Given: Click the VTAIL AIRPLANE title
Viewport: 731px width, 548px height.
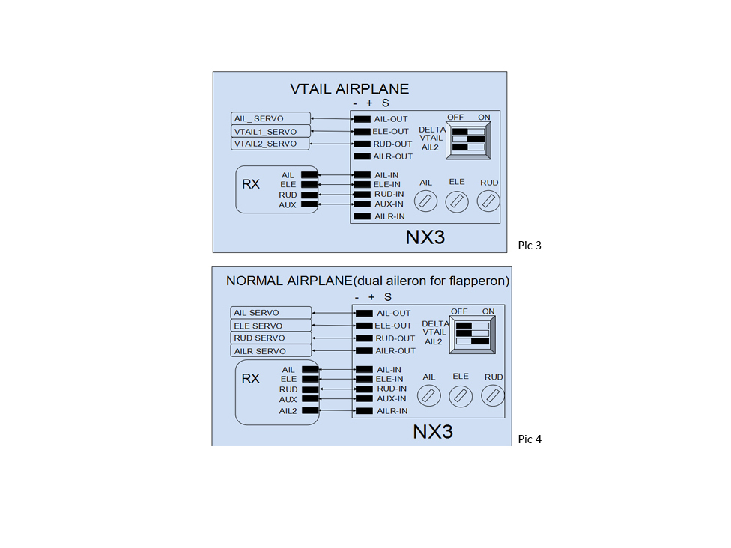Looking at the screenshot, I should tap(350, 89).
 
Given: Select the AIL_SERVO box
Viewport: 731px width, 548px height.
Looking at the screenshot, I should tap(270, 118).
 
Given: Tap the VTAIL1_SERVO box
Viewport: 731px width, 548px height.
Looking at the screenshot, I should tap(270, 131).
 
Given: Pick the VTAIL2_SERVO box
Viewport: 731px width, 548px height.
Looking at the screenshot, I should tap(270, 144).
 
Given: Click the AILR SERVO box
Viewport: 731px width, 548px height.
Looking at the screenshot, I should tap(271, 351).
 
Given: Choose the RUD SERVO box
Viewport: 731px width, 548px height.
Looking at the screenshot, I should tap(271, 338).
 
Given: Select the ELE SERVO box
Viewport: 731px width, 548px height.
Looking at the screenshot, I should tap(271, 326).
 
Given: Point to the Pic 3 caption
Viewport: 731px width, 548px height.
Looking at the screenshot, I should tap(530, 245).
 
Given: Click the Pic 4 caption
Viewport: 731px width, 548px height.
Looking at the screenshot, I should tap(530, 439).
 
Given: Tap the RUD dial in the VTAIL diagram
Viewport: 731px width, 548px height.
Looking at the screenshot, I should tap(489, 201).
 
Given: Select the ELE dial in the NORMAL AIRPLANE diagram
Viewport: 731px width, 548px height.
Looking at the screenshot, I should tap(461, 395).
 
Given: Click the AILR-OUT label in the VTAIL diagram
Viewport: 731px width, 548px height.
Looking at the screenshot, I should tap(393, 156).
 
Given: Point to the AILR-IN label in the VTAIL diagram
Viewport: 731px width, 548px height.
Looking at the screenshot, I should tap(389, 216).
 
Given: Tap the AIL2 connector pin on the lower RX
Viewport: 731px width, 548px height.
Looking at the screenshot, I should tap(309, 410).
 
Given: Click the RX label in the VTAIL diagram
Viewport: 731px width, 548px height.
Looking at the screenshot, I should tap(251, 184).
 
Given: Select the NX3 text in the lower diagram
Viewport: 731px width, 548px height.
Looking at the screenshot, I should tap(433, 432).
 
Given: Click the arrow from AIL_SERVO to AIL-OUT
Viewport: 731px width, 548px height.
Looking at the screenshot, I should tap(331, 119).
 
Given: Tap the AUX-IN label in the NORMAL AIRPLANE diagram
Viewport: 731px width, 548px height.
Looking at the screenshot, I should tap(390, 399).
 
